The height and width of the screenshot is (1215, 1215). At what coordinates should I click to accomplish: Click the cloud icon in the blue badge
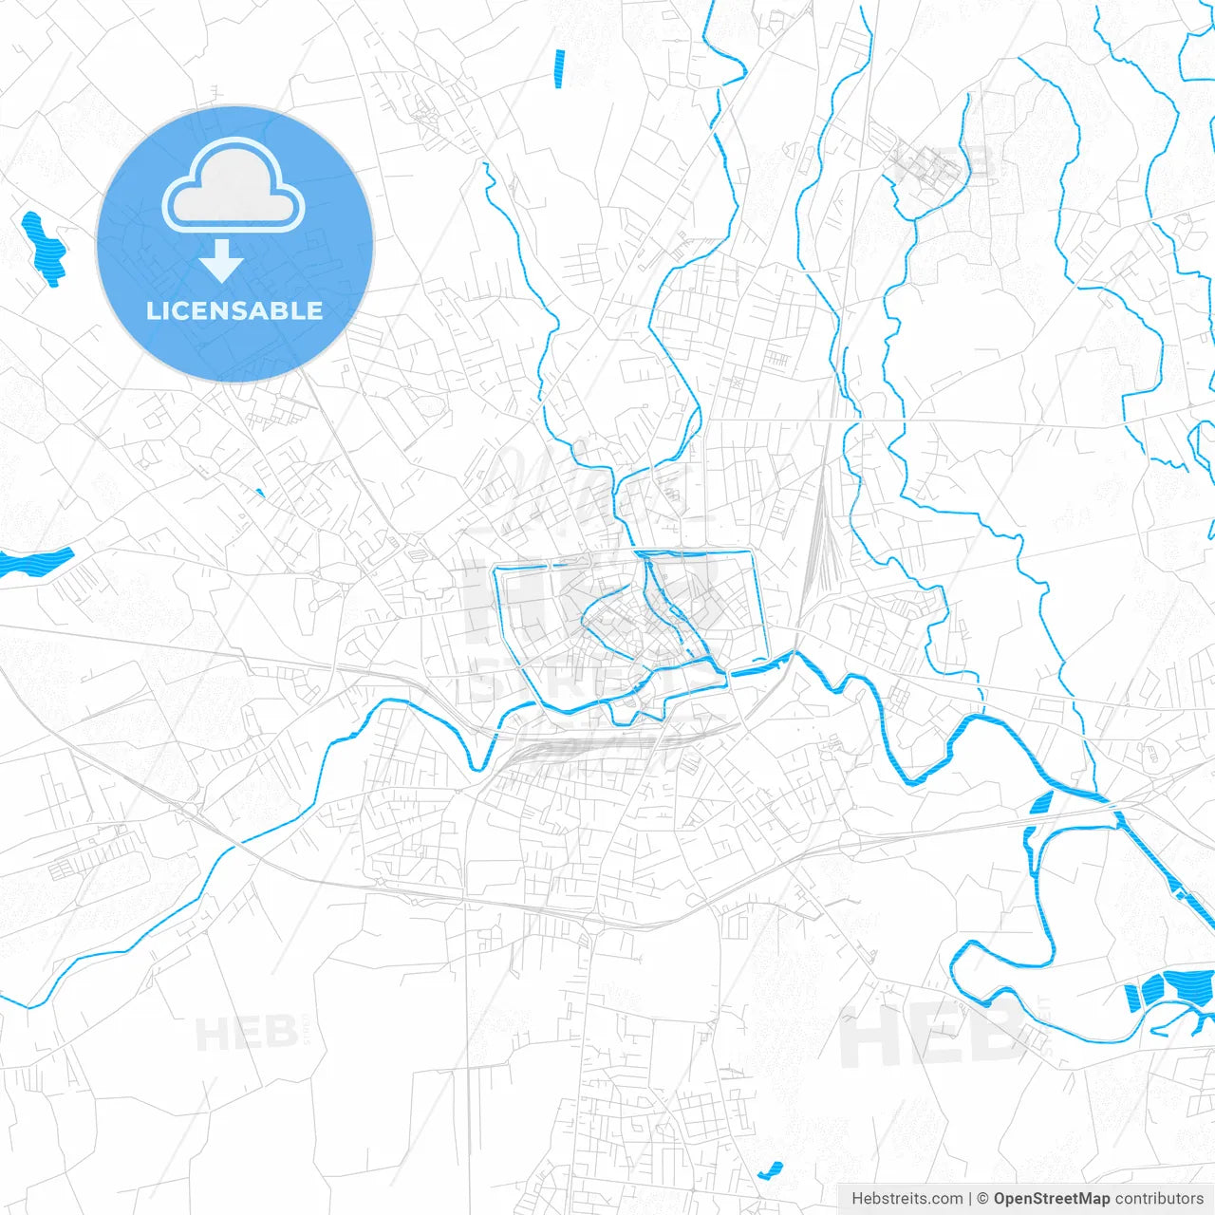234,185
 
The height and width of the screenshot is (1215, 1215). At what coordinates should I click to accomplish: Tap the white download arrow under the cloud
222,262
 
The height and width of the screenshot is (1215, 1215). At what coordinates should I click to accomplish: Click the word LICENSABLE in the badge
234,310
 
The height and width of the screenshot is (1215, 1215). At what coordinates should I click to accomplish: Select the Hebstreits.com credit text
907,1199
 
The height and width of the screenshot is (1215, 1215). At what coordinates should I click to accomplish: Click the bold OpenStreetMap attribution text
1052,1199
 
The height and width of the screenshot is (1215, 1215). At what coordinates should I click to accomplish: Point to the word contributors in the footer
1159,1199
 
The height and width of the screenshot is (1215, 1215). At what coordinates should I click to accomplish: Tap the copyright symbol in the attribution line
982,1199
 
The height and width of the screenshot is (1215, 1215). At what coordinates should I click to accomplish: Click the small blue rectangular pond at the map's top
559,68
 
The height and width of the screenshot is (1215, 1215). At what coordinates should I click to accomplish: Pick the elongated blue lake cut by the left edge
36,563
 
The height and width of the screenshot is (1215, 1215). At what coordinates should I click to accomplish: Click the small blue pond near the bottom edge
770,1169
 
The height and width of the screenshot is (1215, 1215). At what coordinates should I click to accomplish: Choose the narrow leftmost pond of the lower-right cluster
1131,998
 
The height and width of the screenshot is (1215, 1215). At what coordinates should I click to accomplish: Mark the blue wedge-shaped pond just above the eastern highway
1041,804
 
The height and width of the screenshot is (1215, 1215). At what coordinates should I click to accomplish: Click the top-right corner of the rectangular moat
753,551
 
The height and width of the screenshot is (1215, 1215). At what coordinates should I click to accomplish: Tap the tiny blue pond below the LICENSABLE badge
259,492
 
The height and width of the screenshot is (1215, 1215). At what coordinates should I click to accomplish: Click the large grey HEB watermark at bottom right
930,1035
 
